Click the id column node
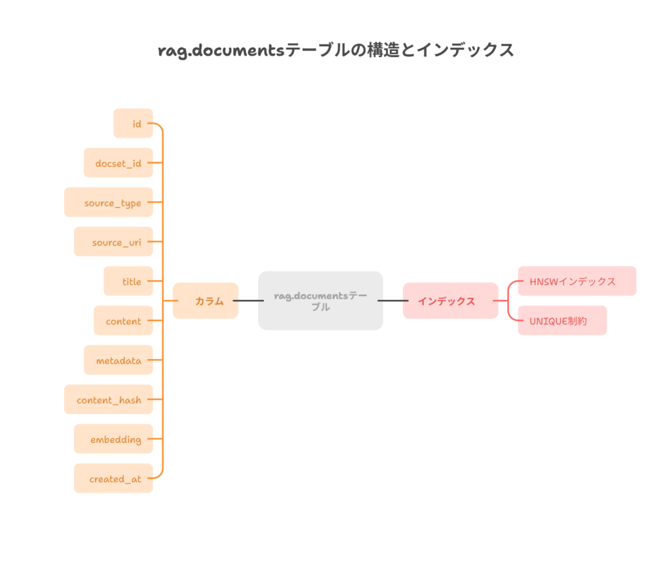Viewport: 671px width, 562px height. pyautogui.click(x=133, y=123)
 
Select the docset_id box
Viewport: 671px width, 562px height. pyautogui.click(x=118, y=163)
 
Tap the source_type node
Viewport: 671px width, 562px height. pyautogui.click(x=109, y=202)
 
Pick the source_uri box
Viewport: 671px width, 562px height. pyautogui.click(x=113, y=242)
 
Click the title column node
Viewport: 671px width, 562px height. pyautogui.click(x=128, y=281)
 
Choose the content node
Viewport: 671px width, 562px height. pyautogui.click(x=123, y=321)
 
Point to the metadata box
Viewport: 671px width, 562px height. pyautogui.click(x=119, y=360)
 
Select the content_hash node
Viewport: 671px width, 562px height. pyautogui.click(x=109, y=400)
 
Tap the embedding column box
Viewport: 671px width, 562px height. pyautogui.click(x=113, y=439)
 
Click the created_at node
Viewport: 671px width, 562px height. pyautogui.click(x=113, y=478)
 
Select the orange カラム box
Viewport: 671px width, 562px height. pyautogui.click(x=206, y=301)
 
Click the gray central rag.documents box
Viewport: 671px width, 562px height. pyautogui.click(x=320, y=301)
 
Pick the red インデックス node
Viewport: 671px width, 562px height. pyautogui.click(x=450, y=301)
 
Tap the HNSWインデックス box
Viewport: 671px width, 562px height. pyautogui.click(x=577, y=281)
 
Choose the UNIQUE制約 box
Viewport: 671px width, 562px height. pyautogui.click(x=562, y=320)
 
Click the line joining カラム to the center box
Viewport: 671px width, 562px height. pyautogui.click(x=248, y=301)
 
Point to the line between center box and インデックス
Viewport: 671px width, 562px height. pyautogui.click(x=393, y=301)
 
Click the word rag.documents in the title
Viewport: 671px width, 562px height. pyautogui.click(x=222, y=50)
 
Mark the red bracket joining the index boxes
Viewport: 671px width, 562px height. pyautogui.click(x=509, y=301)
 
